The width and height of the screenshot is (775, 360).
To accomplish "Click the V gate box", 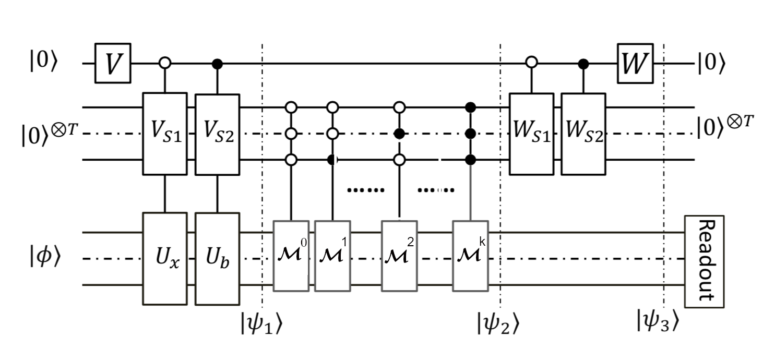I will pos(113,63).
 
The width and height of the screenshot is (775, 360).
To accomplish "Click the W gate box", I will pos(635,63).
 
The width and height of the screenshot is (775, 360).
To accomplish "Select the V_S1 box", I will pos(165,134).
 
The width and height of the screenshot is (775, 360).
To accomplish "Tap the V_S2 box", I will pos(217,134).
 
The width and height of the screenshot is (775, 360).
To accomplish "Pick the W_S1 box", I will pos(531,134).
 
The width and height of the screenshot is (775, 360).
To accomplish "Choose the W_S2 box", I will pos(583,134).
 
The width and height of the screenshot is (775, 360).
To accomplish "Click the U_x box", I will pos(165,259).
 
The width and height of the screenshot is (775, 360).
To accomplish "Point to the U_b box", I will pos(217,259).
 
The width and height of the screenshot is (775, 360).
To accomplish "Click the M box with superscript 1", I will pos(332,256).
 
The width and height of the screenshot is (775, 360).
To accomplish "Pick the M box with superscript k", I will pos(470,256).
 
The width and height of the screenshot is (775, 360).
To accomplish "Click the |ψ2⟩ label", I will pos(498,323).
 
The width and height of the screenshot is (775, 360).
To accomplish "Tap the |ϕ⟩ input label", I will pos(45,259).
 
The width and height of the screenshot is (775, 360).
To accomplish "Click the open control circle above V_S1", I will pos(165,64).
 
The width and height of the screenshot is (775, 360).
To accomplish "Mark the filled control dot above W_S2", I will pos(583,64).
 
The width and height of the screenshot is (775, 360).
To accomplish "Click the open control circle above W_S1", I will pos(531,63).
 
